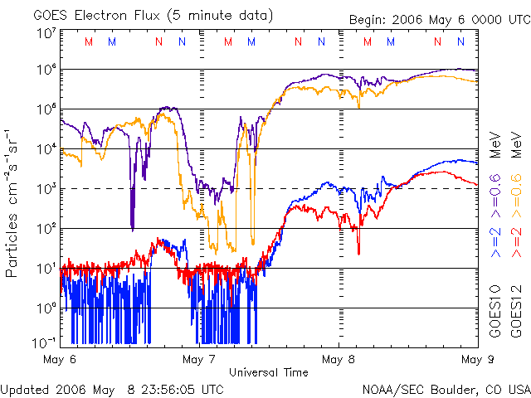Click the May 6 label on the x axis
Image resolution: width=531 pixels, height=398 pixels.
point(60,359)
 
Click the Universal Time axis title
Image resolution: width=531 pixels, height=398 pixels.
point(268,372)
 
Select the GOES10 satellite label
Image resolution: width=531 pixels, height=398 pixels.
point(494,313)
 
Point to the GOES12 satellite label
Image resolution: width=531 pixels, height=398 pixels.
point(516,313)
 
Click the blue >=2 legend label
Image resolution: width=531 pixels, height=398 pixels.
point(494,241)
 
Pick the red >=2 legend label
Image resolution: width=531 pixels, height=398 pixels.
point(516,241)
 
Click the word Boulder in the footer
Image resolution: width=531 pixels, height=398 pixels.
point(453,389)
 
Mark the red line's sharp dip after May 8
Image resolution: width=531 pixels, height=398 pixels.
point(359,253)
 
